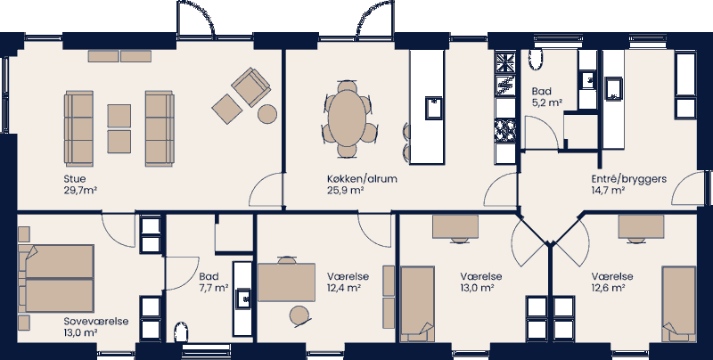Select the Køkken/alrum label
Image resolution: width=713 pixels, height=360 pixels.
[x=361, y=178]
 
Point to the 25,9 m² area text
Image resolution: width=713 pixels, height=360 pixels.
[x=345, y=191]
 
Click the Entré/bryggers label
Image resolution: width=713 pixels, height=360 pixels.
[x=629, y=178]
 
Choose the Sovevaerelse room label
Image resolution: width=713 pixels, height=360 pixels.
[x=96, y=320]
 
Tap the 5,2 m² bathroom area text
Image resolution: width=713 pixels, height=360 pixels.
[x=546, y=103]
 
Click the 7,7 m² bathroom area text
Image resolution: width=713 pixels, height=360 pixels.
[x=214, y=289]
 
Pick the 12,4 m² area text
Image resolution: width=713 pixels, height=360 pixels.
[x=343, y=289]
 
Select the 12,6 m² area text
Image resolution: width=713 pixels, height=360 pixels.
[x=608, y=289]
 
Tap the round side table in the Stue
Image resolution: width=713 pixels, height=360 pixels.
[x=266, y=113]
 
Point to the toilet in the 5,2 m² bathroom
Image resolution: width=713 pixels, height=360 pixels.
[x=536, y=58]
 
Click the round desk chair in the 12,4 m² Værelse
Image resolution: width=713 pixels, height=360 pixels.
[x=299, y=314]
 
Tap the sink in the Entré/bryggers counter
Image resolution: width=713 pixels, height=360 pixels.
[x=615, y=87]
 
